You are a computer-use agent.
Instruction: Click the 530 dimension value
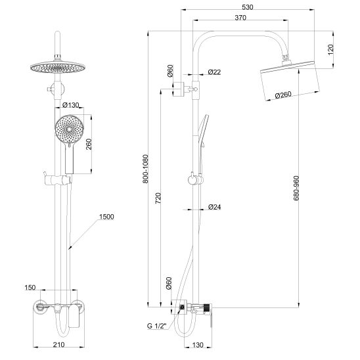coord(248,7)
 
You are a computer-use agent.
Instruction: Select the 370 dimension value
coord(240,18)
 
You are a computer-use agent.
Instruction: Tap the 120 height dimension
coord(330,49)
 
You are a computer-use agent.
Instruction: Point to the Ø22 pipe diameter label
coord(214,72)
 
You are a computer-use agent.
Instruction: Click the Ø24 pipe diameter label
coord(214,207)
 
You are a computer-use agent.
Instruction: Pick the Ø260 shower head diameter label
coord(283,95)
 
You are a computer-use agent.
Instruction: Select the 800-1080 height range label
coord(146,169)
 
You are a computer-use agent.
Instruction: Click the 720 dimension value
coord(158,198)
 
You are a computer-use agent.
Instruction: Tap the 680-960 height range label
coord(296,188)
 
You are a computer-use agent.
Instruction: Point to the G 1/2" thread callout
coord(157,326)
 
